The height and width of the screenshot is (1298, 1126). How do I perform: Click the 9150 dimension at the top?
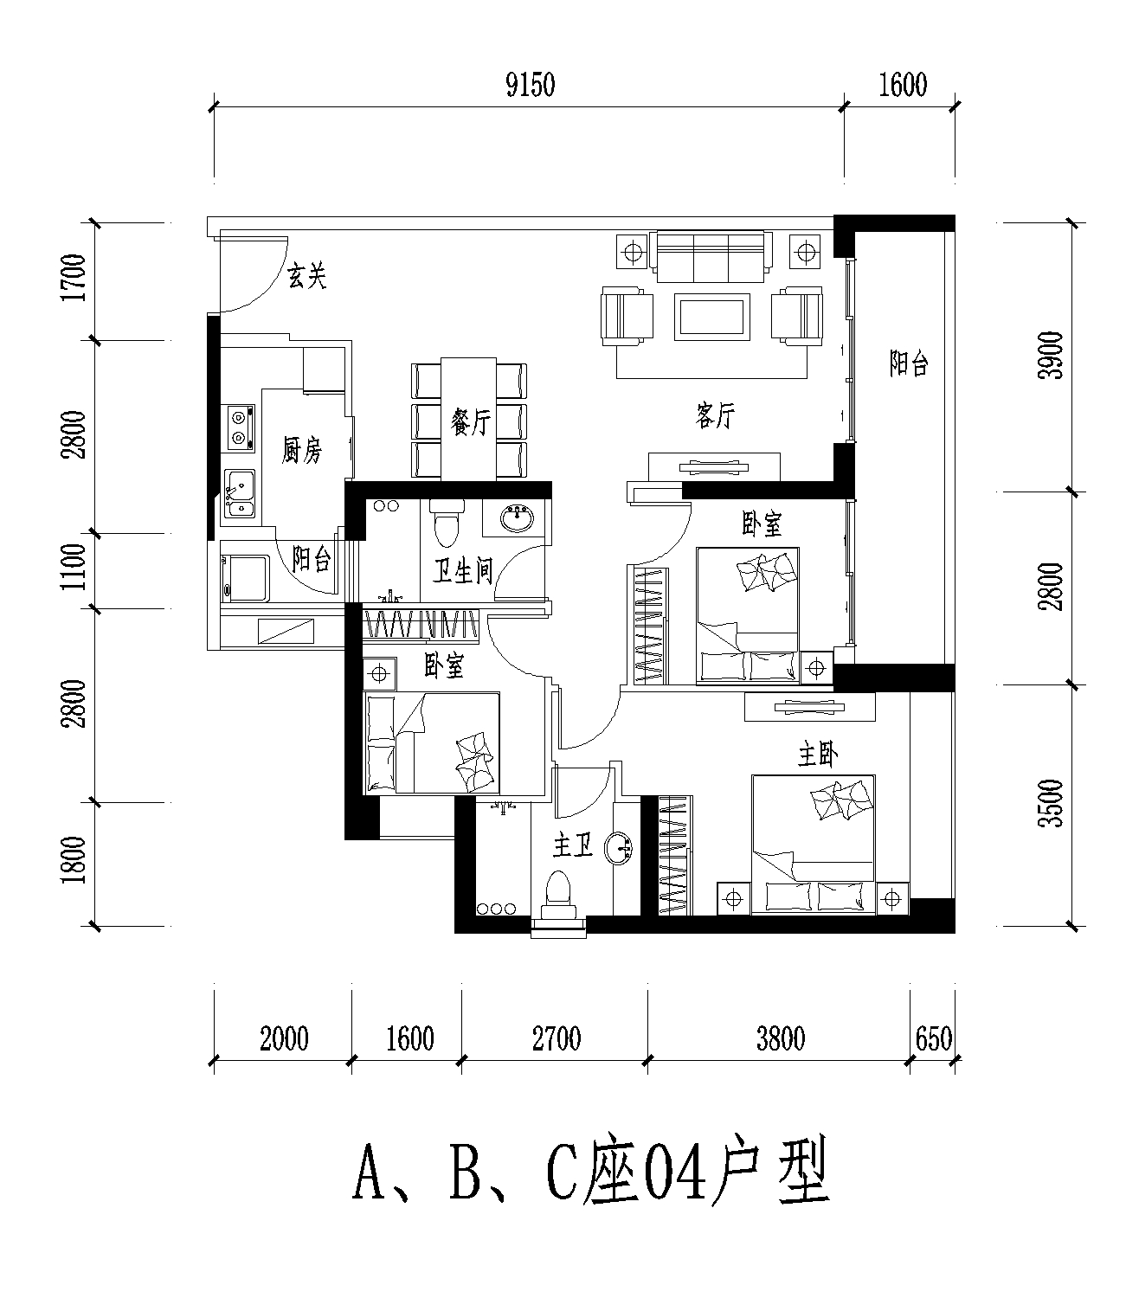pos(531,85)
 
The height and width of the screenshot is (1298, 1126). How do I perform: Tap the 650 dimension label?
pos(933,1038)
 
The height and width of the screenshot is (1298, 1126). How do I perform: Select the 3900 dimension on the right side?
pos(1050,356)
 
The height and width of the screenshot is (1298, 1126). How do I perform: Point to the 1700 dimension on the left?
pos(74,278)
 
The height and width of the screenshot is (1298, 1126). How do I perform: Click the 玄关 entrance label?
pos(307,277)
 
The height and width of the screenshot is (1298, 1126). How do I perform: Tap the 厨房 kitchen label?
pos(302,451)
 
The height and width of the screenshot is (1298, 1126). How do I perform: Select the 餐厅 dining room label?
pos(471,422)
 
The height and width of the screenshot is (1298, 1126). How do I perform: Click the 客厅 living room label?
pos(715,416)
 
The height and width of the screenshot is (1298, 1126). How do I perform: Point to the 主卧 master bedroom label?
pos(818,755)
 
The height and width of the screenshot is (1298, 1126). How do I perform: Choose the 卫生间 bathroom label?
pos(463,571)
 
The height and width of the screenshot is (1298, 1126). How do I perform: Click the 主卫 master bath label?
pos(573,845)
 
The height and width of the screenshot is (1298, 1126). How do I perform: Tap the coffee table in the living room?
pos(711,317)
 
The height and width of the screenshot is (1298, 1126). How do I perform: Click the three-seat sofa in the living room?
pos(711,256)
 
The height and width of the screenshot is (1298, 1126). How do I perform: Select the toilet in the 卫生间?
pos(447,523)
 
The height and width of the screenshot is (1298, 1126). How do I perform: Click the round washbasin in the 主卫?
pos(619,848)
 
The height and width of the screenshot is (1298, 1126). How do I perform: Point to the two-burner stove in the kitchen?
pos(241,427)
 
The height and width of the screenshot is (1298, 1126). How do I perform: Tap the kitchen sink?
pos(241,493)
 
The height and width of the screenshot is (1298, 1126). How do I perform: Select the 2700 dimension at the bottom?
pos(557,1039)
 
